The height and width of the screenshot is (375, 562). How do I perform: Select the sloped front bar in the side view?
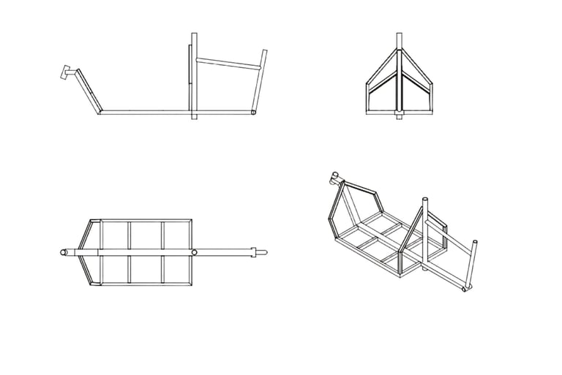(89, 91)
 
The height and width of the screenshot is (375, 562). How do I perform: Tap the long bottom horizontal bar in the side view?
(146, 113)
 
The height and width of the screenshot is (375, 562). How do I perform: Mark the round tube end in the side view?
(253, 113)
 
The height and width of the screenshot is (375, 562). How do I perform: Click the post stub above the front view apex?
(400, 39)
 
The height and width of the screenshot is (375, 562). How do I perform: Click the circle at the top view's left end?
(63, 252)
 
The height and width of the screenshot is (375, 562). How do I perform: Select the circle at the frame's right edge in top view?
(195, 252)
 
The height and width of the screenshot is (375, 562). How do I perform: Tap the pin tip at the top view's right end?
(268, 252)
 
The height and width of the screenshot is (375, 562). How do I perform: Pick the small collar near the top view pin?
(255, 252)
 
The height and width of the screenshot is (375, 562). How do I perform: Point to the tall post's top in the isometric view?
(424, 199)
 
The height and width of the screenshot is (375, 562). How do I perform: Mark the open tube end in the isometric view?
(467, 291)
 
